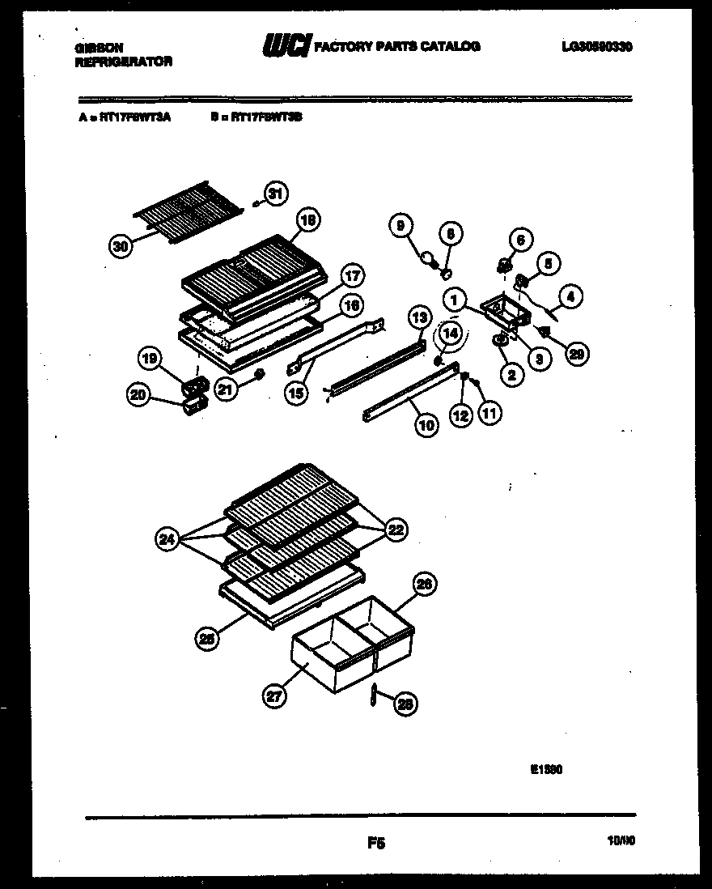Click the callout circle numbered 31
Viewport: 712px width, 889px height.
[x=277, y=194]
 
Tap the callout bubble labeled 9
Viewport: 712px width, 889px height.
[x=399, y=228]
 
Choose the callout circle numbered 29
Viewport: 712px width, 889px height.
[x=576, y=353]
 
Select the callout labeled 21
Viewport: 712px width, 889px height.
[x=227, y=389]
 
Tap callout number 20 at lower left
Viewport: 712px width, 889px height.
[x=139, y=394]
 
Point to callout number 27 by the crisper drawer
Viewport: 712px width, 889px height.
[x=275, y=695]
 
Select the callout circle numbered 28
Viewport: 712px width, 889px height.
[x=404, y=704]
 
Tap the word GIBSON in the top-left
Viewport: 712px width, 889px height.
[x=94, y=48]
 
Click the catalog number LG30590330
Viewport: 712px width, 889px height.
[x=596, y=47]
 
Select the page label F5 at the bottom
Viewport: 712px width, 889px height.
[x=375, y=844]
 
